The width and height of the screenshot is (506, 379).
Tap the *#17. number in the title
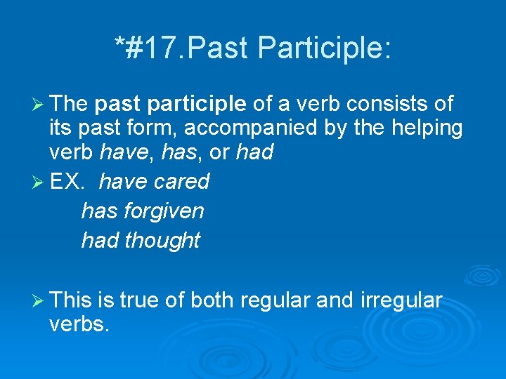[x=143, y=48]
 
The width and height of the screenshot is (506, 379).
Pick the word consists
[x=377, y=105]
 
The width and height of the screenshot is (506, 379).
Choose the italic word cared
[x=181, y=181]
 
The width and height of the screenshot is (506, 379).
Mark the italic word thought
[x=162, y=240]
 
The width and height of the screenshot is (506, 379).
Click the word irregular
[x=401, y=301]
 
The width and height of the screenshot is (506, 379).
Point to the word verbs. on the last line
[x=79, y=325]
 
